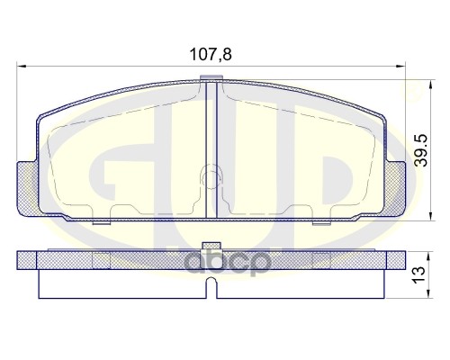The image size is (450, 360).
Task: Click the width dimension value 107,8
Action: tap(211, 53)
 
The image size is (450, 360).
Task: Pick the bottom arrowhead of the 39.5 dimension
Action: tap(406, 215)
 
